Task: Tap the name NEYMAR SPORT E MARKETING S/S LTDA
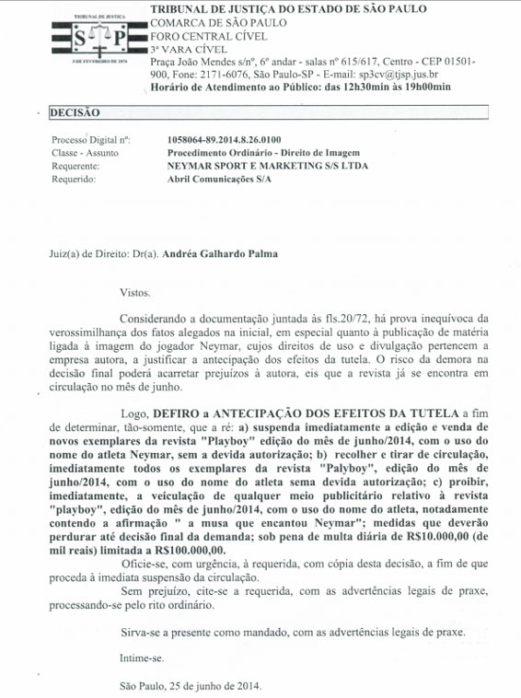click(x=254, y=167)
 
